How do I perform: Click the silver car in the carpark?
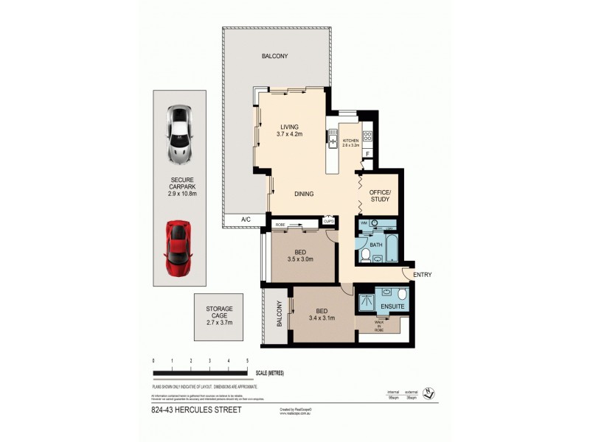tap(179, 133)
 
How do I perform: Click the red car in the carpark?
tap(177, 248)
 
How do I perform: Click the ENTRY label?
tap(423, 275)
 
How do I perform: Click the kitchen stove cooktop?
tap(367, 136)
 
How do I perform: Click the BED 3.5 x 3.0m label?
tap(300, 255)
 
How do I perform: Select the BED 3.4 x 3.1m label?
tap(323, 315)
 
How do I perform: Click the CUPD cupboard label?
tap(329, 220)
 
